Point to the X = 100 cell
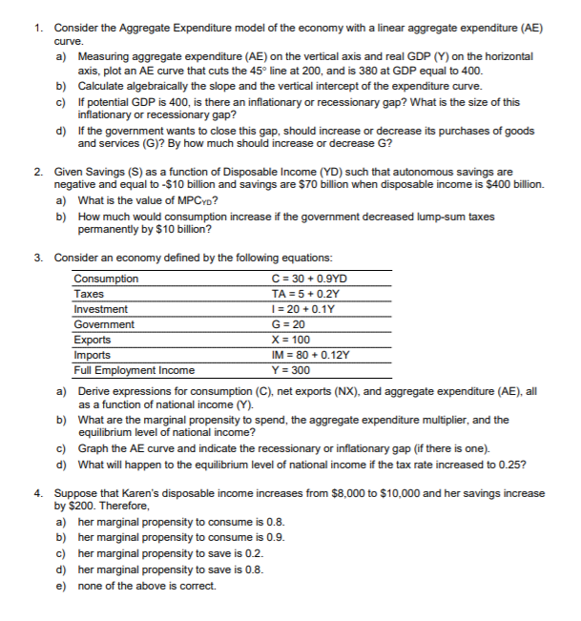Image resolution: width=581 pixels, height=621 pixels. [290, 340]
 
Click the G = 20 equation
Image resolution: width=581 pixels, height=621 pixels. [286, 324]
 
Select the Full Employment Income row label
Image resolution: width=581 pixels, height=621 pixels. [134, 370]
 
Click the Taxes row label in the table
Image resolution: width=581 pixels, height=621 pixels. [90, 294]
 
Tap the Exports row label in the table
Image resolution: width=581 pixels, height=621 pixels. [93, 340]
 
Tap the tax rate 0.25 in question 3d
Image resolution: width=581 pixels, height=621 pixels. [511, 465]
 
